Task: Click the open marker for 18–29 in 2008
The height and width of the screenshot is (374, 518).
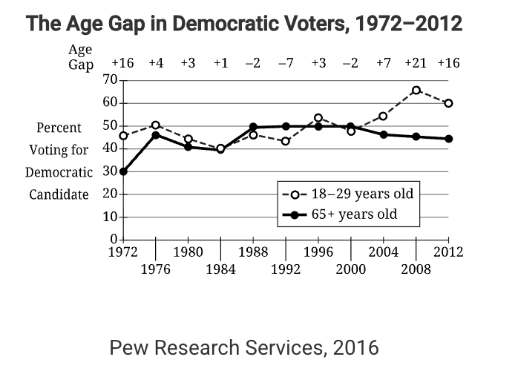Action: point(416,91)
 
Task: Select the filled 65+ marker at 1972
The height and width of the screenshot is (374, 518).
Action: point(123,171)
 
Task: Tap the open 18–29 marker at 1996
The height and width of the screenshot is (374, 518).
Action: point(318,118)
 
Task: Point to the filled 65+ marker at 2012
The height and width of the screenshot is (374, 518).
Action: point(449,139)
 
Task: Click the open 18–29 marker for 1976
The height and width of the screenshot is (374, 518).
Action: point(156,125)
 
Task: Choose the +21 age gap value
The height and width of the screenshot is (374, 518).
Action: point(416,63)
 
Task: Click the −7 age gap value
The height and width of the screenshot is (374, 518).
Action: point(286,63)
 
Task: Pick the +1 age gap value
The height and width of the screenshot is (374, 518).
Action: point(220,63)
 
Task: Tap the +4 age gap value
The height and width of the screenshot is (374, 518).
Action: point(156,63)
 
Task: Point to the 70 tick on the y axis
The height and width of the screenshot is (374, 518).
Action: point(109,79)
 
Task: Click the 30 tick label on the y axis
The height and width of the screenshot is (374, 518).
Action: point(109,171)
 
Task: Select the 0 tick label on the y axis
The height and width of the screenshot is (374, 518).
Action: point(114,240)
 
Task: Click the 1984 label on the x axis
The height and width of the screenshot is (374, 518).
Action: point(220,269)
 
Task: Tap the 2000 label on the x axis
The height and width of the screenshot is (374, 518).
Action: point(350,269)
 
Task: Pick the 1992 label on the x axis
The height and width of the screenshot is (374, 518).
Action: point(286,269)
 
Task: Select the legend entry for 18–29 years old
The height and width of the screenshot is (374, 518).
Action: point(347,195)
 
